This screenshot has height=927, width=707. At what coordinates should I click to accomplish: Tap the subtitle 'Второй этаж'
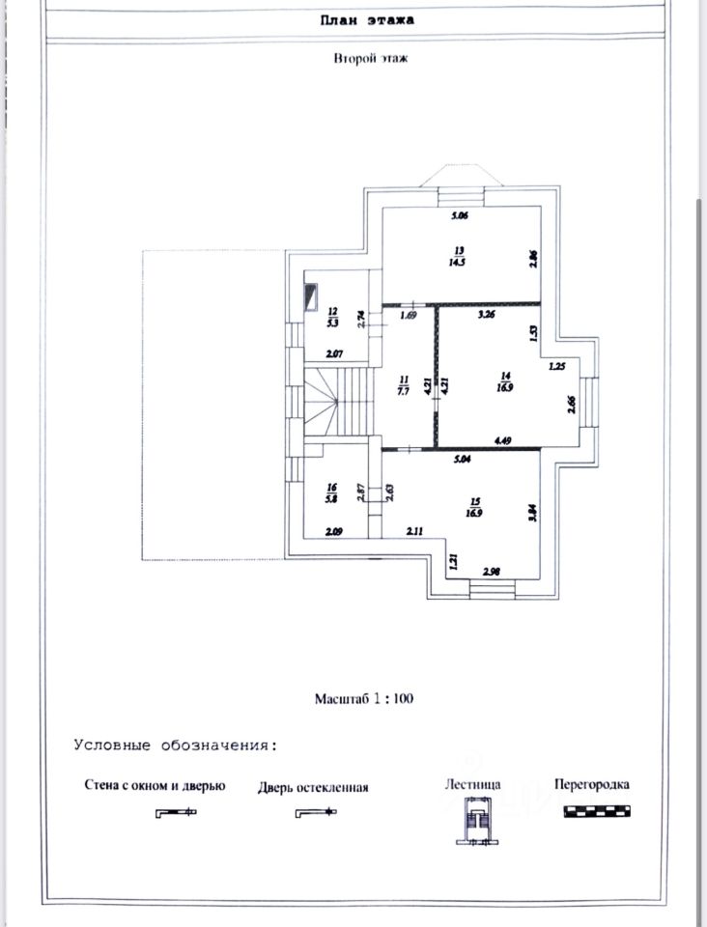click(x=371, y=59)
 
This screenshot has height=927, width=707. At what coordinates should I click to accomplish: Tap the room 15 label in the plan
click(x=474, y=506)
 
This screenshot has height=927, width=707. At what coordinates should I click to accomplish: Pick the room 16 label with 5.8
click(x=331, y=494)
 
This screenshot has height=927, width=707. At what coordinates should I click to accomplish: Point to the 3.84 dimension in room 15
click(x=530, y=515)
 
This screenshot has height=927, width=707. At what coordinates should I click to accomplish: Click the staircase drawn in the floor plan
click(x=338, y=402)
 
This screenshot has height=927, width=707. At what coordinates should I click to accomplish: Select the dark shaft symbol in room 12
click(x=311, y=295)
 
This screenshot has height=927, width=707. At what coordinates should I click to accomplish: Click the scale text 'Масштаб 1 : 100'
click(x=364, y=698)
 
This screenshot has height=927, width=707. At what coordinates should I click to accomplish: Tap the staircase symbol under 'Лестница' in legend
click(x=474, y=820)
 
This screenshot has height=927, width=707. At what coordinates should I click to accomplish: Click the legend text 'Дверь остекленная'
click(x=313, y=787)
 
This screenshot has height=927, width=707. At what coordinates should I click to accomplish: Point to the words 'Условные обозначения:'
click(x=174, y=745)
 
